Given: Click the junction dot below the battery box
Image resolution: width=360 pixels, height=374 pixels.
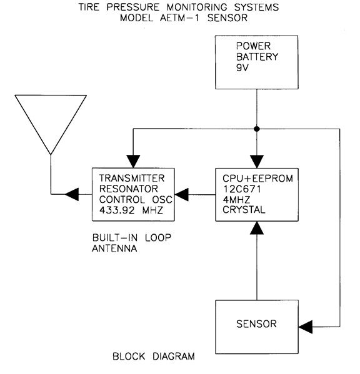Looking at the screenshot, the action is tap(257, 129).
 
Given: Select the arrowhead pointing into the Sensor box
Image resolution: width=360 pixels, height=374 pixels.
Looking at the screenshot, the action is tap(306, 327).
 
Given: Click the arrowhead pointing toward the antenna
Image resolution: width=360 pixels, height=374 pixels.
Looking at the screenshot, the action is tap(72, 194).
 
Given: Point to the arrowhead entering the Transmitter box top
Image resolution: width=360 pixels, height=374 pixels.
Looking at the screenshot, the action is tap(133, 161).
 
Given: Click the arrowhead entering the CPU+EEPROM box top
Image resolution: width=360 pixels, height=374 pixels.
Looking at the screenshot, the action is tap(257, 162).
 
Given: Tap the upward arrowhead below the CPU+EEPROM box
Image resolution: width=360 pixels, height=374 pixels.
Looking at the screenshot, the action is tap(257, 228).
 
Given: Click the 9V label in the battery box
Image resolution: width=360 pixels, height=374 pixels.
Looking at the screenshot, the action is tap(242, 67).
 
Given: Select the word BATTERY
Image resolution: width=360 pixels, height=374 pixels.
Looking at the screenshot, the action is tap(257, 57).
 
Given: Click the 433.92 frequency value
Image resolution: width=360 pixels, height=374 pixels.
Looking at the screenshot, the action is tap(117, 210).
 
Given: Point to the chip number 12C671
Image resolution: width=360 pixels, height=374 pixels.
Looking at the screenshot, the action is tap(242, 189).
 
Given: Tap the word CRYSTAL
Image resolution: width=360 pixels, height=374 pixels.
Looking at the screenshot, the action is tap(244, 210).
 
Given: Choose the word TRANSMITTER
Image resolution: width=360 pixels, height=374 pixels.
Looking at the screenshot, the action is tap(132, 178).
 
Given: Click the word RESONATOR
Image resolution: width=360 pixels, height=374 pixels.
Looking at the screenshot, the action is tap(128, 189).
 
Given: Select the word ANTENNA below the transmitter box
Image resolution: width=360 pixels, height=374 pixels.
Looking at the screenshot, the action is tap(114, 249).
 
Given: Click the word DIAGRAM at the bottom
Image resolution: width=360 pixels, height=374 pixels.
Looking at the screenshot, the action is tap(174, 357).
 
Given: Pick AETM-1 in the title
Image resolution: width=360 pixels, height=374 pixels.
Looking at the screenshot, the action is tap(179, 18).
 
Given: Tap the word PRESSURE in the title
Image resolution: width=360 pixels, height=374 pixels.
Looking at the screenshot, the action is tap(132, 7).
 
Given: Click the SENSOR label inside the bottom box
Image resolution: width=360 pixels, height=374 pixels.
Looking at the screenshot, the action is tap(256, 324).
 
